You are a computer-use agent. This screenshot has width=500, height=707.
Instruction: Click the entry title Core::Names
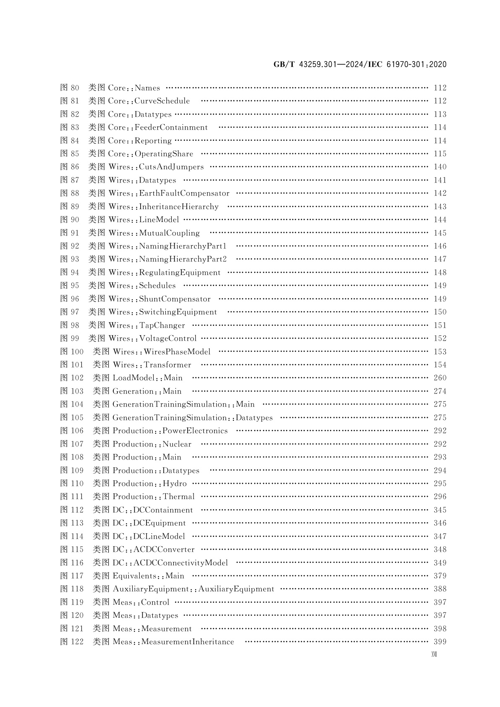(x=134, y=88)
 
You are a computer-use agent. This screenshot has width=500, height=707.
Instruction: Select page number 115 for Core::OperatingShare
(x=440, y=154)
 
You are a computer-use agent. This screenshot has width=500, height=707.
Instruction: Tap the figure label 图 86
(x=70, y=167)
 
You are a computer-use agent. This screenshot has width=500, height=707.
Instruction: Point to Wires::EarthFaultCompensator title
(x=169, y=193)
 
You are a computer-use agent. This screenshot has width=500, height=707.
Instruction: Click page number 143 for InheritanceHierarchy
(x=440, y=206)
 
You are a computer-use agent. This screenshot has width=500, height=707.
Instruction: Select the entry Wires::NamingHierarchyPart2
(x=167, y=259)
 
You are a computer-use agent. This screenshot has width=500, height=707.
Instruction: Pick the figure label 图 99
(x=70, y=338)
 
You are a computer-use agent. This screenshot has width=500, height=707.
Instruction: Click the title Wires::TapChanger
(x=147, y=325)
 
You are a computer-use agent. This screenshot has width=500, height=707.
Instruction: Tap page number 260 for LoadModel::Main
(x=440, y=378)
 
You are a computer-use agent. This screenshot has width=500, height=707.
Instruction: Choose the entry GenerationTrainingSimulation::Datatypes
(x=192, y=417)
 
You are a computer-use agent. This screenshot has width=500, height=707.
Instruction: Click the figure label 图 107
(x=72, y=444)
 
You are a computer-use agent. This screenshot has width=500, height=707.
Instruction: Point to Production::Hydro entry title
(x=149, y=483)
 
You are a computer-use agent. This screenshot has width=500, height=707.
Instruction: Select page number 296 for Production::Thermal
(x=440, y=496)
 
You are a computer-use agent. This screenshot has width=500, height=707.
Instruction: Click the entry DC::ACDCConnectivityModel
(x=170, y=563)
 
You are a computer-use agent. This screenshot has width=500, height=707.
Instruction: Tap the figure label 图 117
(x=72, y=576)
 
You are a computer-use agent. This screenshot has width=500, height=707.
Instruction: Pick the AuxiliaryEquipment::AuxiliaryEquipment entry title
(x=193, y=589)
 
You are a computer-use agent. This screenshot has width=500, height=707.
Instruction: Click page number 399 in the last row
(x=440, y=642)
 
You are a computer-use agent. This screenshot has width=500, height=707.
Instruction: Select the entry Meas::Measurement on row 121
(x=152, y=629)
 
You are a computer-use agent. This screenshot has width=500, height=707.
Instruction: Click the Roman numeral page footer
(x=434, y=655)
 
